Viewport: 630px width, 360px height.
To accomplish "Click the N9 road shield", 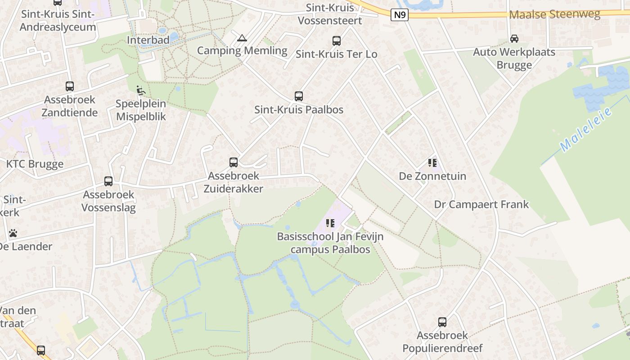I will point(400,15).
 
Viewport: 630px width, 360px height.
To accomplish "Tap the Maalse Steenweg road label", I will point(554,14).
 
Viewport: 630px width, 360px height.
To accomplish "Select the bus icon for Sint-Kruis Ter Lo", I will point(336,41).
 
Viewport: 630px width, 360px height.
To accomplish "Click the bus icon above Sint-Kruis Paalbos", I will point(298,96).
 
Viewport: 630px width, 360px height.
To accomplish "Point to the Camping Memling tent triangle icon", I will point(242,38).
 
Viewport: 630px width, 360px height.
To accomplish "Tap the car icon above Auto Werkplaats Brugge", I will point(514,39).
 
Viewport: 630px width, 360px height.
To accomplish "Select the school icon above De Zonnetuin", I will point(432,163).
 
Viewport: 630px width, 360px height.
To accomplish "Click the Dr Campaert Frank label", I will point(481,204).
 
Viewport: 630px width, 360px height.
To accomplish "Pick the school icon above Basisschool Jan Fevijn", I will point(330,223).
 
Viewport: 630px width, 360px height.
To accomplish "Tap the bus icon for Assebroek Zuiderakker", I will point(233,162).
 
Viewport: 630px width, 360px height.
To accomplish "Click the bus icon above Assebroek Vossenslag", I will point(108,181).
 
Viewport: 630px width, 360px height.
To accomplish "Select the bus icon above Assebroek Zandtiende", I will point(69,86).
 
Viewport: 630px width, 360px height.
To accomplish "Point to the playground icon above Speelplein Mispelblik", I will point(141,90).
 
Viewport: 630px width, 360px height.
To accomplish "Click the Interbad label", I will point(148,40).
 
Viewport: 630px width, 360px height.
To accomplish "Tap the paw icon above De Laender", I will point(13,233).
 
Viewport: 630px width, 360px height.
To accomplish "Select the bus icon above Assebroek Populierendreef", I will point(442,322).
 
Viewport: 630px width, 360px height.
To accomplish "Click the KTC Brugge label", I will point(35,164).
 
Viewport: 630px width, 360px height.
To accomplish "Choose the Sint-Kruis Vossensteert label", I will point(330,14).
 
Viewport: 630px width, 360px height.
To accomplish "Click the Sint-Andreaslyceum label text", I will point(58,20).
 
